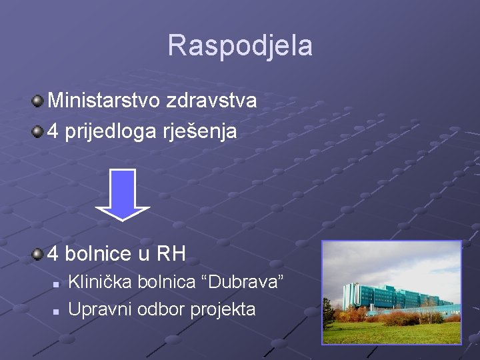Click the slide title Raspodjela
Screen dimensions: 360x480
point(239,45)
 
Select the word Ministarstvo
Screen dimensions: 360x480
point(99,101)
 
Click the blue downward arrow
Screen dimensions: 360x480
point(123,194)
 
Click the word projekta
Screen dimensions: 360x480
point(223,309)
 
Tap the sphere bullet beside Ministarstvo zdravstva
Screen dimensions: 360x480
point(37,101)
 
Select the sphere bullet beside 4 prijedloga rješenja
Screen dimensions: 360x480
point(37,132)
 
